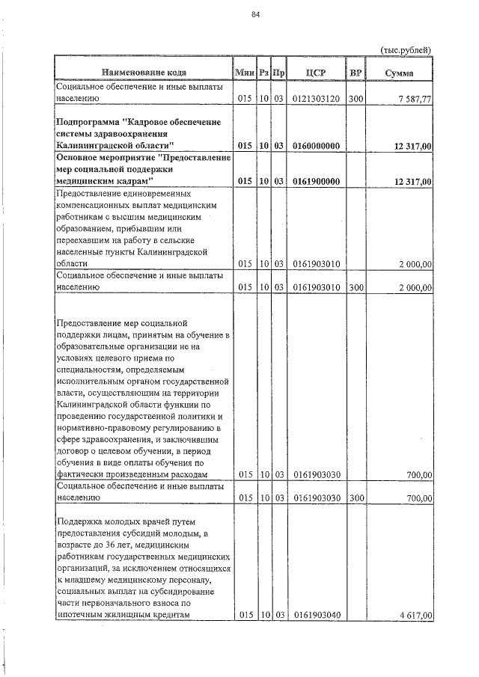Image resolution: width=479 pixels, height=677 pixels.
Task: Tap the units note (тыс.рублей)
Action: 406,50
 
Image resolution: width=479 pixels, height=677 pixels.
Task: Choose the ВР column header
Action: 356,73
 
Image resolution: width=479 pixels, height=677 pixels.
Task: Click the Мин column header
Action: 245,73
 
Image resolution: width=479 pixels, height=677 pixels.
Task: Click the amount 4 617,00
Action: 415,615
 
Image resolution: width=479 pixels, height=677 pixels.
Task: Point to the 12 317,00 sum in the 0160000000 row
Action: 412,145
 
